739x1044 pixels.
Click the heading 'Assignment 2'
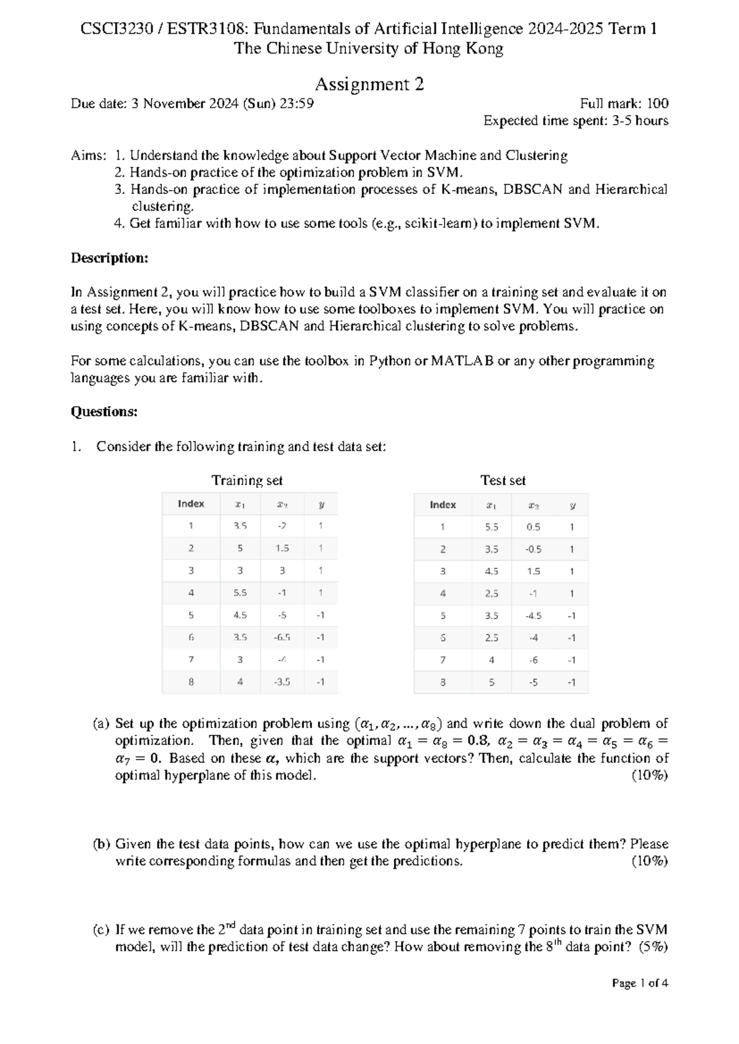click(x=369, y=84)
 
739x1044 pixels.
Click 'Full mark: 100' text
click(x=624, y=103)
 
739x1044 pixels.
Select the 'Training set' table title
click(x=247, y=480)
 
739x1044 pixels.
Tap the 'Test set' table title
click(x=503, y=480)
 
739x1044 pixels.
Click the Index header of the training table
click(x=191, y=504)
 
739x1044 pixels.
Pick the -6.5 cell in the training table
click(x=282, y=637)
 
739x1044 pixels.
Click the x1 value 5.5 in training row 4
click(x=240, y=593)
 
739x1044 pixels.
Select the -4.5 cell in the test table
click(x=533, y=616)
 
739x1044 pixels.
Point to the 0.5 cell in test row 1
click(x=533, y=527)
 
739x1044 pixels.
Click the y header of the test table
click(x=572, y=505)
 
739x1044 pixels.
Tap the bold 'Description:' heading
click(x=110, y=258)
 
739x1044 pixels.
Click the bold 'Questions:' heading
click(x=104, y=412)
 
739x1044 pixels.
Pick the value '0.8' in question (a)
click(x=478, y=741)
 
